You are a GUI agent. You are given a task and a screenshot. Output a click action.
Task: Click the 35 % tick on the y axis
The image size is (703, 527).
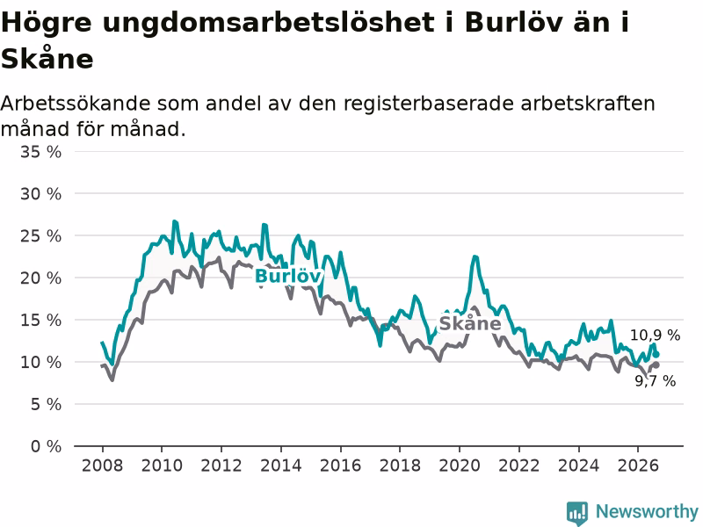coord(40,152)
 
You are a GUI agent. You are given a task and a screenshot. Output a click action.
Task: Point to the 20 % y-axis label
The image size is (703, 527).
coord(40,278)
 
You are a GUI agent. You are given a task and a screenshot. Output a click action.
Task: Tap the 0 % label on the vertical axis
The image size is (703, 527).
coord(47,446)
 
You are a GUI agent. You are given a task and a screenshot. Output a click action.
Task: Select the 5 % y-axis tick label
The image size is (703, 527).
coord(47,405)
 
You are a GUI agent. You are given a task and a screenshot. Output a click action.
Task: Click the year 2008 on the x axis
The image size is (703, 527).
coord(102,466)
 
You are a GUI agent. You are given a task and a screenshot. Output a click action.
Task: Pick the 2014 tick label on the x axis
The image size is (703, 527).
coord(281,466)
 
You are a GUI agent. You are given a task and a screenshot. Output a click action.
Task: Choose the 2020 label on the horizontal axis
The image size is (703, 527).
coord(460,466)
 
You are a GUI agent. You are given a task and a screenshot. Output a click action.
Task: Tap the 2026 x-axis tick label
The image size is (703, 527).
coord(638,466)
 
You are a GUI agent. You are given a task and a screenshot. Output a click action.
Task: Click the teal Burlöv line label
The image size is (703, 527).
coord(288,276)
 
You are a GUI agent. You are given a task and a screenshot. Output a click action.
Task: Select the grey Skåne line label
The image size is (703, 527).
coord(470,323)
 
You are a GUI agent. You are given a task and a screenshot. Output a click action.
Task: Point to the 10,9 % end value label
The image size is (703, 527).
coord(655,336)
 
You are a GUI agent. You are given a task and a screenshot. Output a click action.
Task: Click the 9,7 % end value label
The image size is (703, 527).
coord(655,381)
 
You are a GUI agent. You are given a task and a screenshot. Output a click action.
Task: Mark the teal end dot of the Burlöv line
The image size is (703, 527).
coord(656,355)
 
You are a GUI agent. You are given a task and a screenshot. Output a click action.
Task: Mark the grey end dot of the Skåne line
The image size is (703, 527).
coord(656,365)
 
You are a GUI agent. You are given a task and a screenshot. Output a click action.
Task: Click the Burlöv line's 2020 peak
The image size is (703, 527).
coord(475,256)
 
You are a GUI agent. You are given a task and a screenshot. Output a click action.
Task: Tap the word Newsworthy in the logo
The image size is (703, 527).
coord(647,511)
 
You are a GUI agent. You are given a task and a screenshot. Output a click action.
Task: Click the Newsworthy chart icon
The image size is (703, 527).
coord(577,513)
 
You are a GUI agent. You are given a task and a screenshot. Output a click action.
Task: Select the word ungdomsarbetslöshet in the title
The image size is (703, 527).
coord(269,23)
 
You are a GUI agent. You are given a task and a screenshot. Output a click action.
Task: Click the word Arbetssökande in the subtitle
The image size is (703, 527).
coord(76,104)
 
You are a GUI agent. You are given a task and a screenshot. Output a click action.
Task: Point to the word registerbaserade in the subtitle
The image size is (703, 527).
coord(429,104)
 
